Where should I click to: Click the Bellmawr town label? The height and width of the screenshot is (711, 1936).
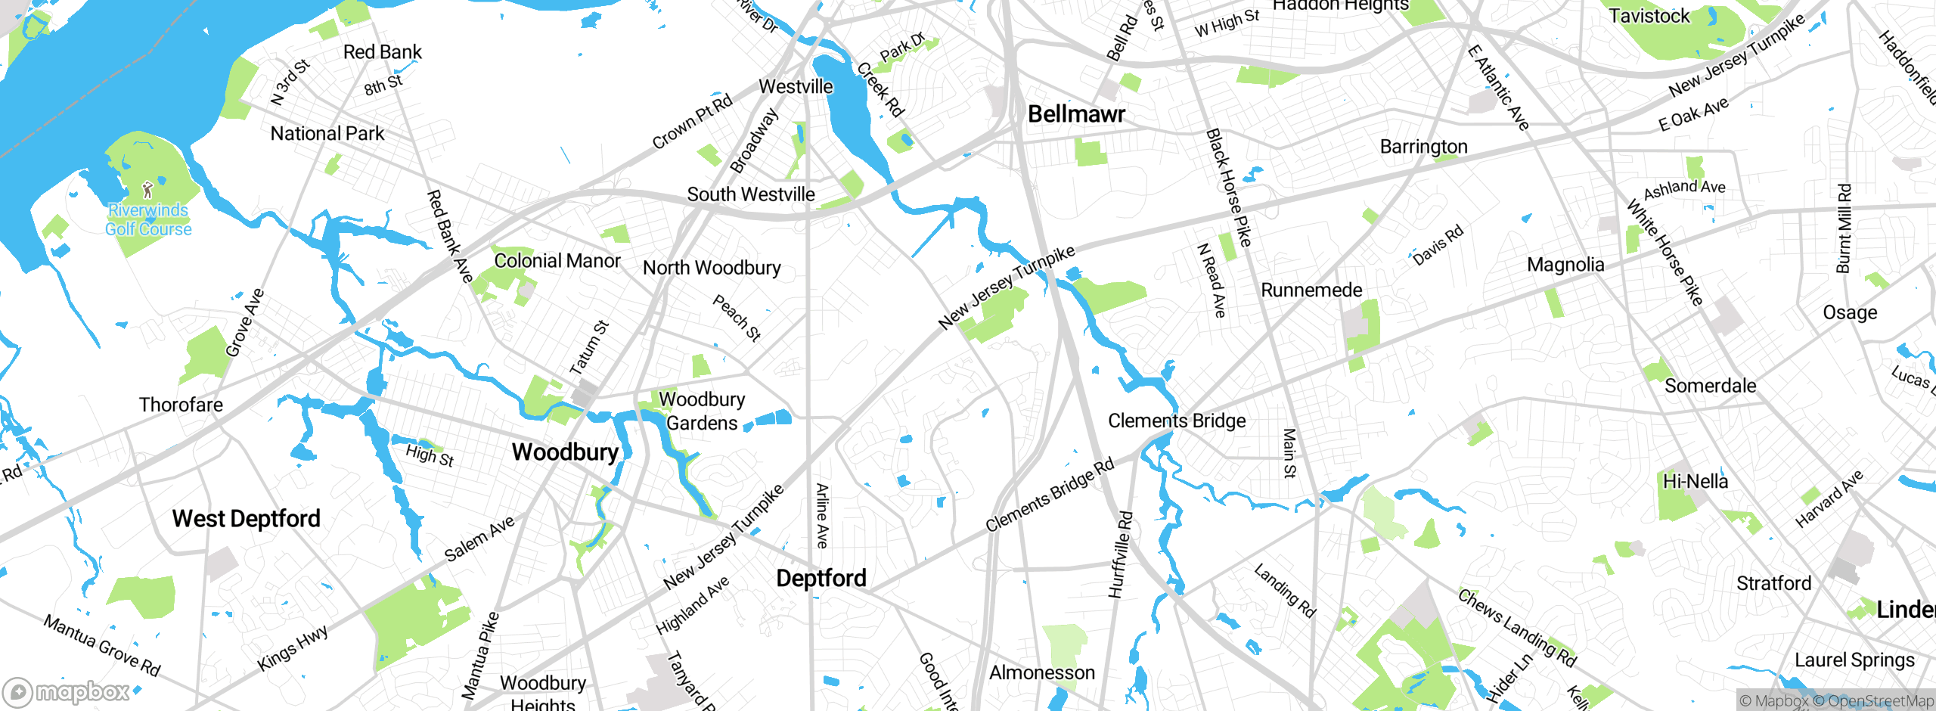click(x=1076, y=114)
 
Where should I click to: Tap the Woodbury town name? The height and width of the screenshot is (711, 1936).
click(x=565, y=452)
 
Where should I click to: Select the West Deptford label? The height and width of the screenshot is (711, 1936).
click(x=246, y=519)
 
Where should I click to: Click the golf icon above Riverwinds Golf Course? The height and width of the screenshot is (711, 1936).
click(x=147, y=189)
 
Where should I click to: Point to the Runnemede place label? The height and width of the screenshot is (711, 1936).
click(x=1311, y=290)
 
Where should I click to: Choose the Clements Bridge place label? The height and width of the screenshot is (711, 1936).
click(x=1177, y=421)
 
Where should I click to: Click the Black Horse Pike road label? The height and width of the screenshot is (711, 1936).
click(x=1228, y=188)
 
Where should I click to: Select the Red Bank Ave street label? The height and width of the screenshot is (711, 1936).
click(x=449, y=236)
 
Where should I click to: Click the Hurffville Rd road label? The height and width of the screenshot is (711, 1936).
click(x=1121, y=554)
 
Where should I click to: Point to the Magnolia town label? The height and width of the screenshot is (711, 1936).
click(x=1565, y=265)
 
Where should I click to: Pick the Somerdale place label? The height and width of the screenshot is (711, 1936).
click(x=1710, y=386)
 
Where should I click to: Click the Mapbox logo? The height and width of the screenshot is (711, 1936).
click(x=67, y=691)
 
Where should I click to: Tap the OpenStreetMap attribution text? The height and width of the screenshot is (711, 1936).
click(x=1880, y=701)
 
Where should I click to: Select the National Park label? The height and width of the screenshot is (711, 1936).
click(x=327, y=134)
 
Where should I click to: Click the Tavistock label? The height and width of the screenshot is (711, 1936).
click(x=1649, y=16)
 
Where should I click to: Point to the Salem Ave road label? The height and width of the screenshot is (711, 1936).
click(x=479, y=538)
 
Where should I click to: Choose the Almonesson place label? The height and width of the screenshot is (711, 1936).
click(x=1041, y=672)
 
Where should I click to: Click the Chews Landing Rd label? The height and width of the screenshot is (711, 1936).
click(x=1516, y=628)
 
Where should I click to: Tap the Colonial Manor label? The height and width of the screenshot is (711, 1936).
click(x=557, y=261)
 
